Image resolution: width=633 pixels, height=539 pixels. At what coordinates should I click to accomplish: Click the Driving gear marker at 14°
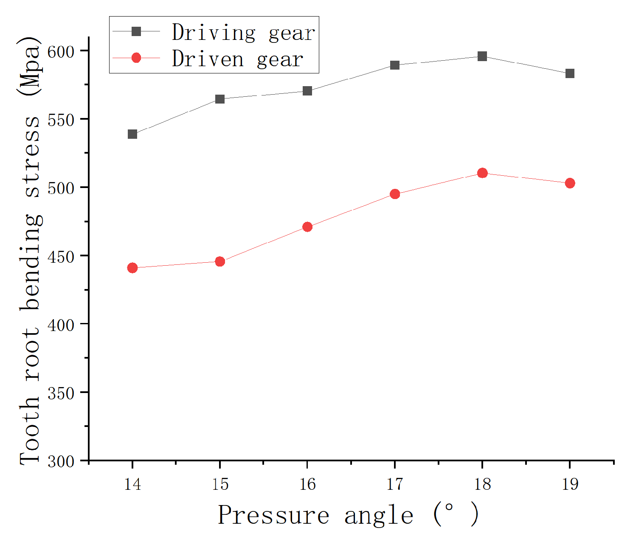(132, 134)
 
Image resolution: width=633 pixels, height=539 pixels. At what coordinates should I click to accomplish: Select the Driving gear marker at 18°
(482, 56)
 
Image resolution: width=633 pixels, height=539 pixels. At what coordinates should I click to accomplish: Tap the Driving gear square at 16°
(307, 91)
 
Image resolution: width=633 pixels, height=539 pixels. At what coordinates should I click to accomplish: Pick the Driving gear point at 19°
(570, 73)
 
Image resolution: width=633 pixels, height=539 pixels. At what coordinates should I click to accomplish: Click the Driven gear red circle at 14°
(132, 268)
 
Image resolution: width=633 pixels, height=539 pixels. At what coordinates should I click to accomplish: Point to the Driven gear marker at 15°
(220, 261)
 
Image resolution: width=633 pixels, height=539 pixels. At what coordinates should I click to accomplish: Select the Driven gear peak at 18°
(482, 173)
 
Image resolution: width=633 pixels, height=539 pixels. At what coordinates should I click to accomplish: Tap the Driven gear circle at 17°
(395, 194)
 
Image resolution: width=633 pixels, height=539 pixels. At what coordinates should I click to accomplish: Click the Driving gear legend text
(244, 33)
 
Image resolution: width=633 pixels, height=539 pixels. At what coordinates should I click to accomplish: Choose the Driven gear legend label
(238, 59)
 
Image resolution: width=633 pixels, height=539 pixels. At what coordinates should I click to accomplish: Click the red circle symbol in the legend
(136, 58)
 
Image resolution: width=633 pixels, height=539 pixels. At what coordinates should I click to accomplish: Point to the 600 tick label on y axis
(60, 52)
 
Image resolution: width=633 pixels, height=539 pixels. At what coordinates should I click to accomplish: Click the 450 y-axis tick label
(60, 256)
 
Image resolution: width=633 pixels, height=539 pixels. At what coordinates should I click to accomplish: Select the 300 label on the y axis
(60, 461)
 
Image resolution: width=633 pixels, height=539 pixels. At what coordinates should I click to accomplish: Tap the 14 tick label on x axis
(132, 484)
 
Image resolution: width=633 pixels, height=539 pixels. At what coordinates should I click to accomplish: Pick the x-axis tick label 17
(395, 484)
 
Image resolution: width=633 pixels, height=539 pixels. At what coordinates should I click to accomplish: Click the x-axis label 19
(570, 484)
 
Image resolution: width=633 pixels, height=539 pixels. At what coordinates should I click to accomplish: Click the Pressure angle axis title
(348, 515)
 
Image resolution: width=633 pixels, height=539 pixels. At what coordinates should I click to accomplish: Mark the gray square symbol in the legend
(136, 31)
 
